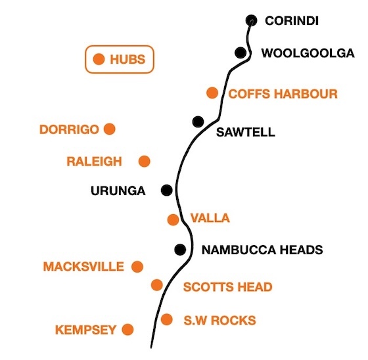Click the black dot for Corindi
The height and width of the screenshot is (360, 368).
click(x=251, y=20)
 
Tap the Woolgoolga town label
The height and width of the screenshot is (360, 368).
click(x=308, y=53)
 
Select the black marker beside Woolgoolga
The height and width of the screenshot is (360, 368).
click(x=241, y=53)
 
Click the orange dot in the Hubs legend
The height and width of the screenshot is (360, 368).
click(x=99, y=59)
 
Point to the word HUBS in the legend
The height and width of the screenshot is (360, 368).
click(x=127, y=59)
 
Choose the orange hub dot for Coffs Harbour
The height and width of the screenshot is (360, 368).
click(x=212, y=93)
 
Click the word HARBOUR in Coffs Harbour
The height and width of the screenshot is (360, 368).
click(x=306, y=94)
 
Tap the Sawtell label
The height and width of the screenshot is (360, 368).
click(x=246, y=132)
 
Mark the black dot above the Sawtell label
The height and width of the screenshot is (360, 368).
click(x=198, y=122)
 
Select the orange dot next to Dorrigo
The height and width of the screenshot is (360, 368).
click(x=110, y=129)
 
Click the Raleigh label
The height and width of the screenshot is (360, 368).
click(x=95, y=162)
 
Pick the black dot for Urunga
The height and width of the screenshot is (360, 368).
click(x=167, y=190)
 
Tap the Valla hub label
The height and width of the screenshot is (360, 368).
click(x=210, y=218)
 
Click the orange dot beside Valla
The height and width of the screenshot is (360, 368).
click(x=173, y=220)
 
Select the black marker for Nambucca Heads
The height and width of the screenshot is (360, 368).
click(x=180, y=250)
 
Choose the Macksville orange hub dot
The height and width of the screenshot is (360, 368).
click(x=137, y=267)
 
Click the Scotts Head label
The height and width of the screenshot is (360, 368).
click(x=227, y=287)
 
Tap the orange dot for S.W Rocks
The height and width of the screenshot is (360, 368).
click(x=167, y=320)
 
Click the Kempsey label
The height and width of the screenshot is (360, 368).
click(x=85, y=330)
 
